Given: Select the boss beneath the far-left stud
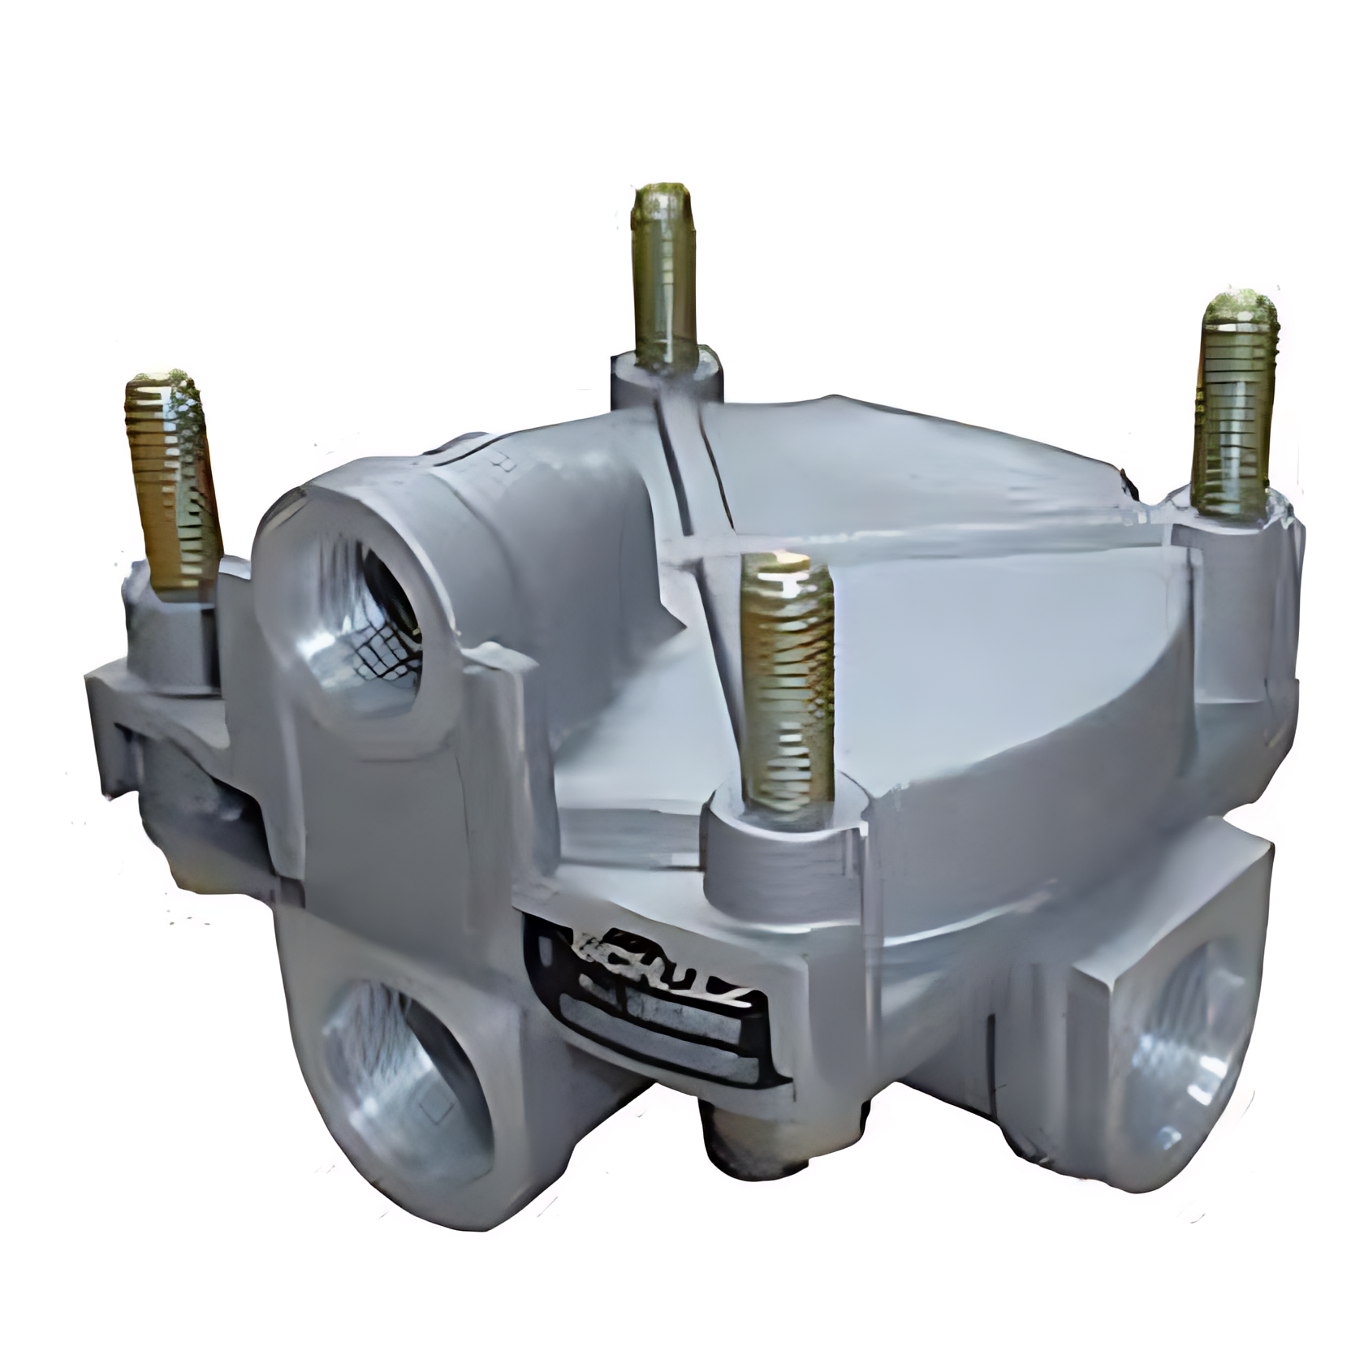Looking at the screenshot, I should [x=170, y=633].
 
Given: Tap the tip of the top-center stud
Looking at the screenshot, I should [x=663, y=199].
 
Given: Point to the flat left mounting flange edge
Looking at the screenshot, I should [x=106, y=706].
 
